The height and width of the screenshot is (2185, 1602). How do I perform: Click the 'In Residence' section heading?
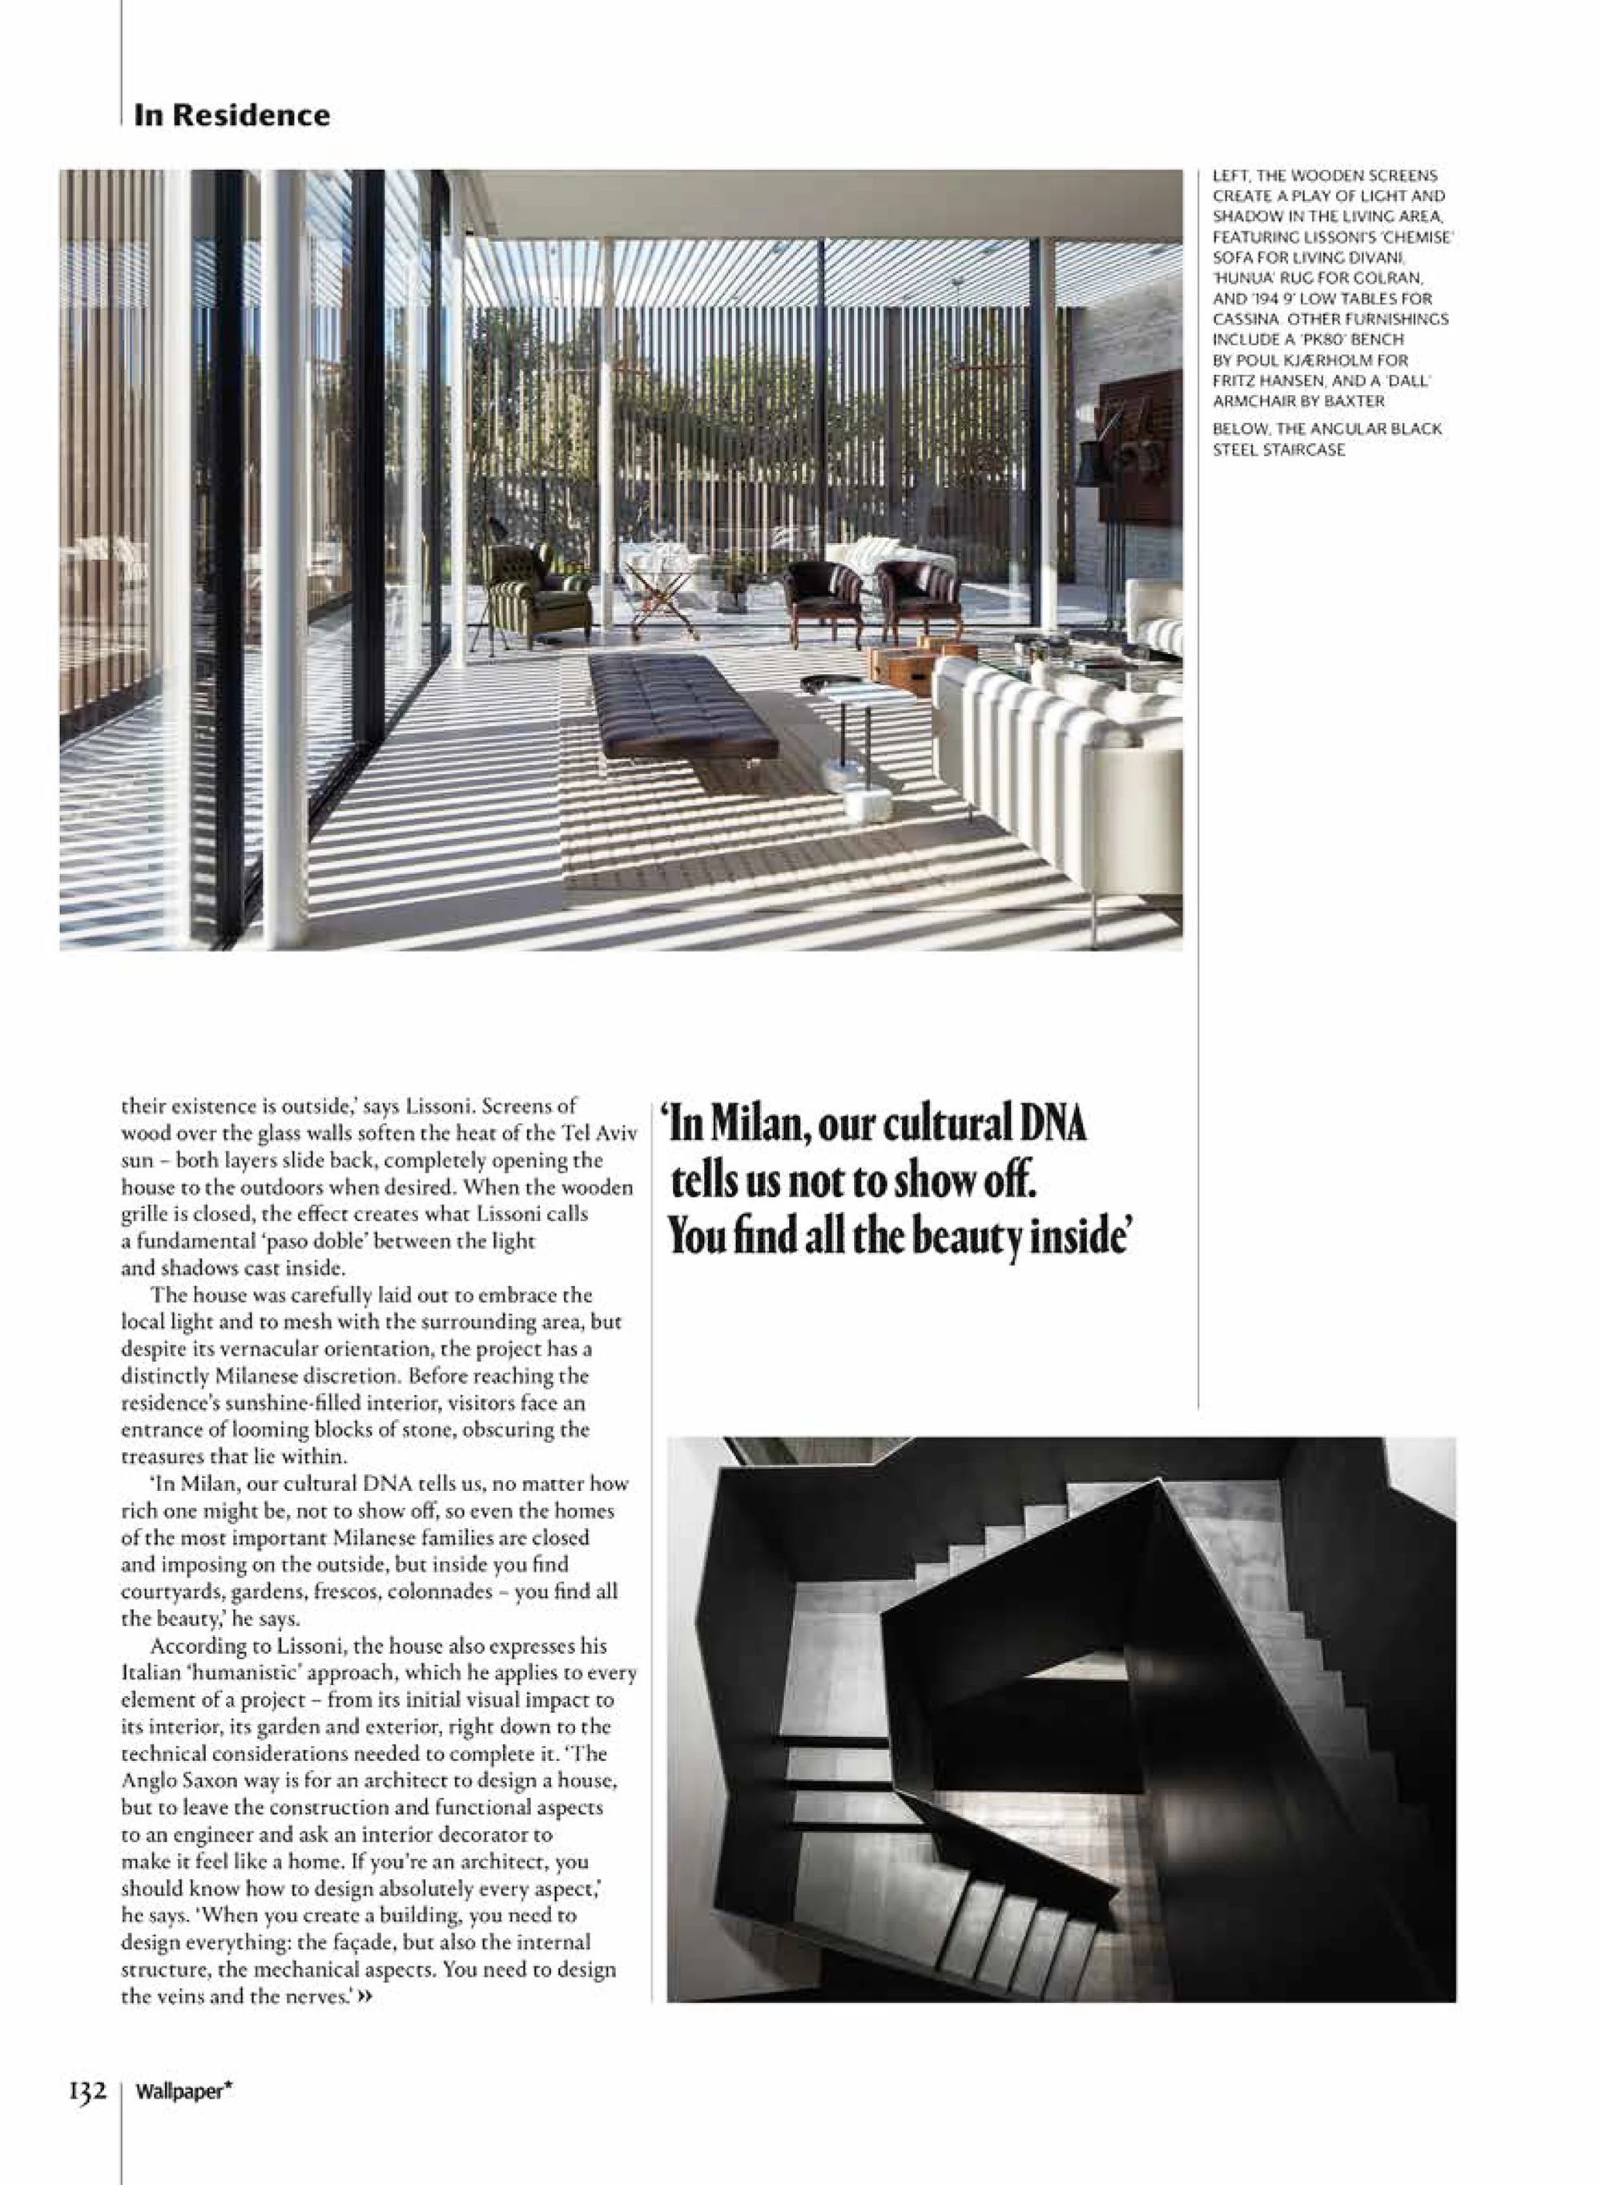click(x=231, y=115)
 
